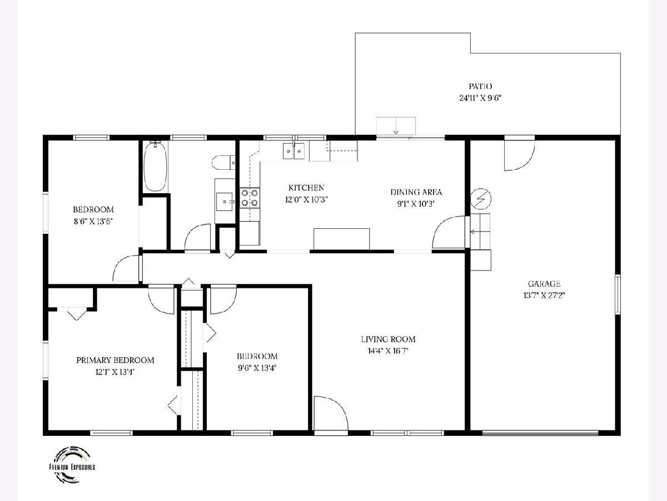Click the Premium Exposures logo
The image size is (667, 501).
tap(72, 464)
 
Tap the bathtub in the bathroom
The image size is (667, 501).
tap(155, 166)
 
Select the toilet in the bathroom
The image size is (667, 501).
tap(223, 163)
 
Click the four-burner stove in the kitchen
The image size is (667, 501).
tap(250, 198)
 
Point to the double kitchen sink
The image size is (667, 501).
tap(294, 151)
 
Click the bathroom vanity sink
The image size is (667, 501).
tap(224, 202)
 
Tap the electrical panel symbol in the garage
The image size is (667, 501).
tap(481, 199)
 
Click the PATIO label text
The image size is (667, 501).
tap(480, 86)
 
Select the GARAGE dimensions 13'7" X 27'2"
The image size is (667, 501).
tap(544, 296)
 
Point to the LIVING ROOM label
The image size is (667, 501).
tap(388, 339)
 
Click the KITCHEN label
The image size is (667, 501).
tap(306, 188)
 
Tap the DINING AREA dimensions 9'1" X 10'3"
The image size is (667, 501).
tap(416, 204)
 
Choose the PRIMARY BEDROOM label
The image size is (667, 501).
tap(115, 360)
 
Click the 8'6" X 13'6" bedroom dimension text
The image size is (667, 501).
tap(93, 221)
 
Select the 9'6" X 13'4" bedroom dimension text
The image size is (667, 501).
tap(257, 368)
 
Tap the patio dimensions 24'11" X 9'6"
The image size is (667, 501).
tap(480, 98)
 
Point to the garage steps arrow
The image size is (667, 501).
tap(480, 232)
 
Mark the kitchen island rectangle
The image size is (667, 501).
tap(341, 239)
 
